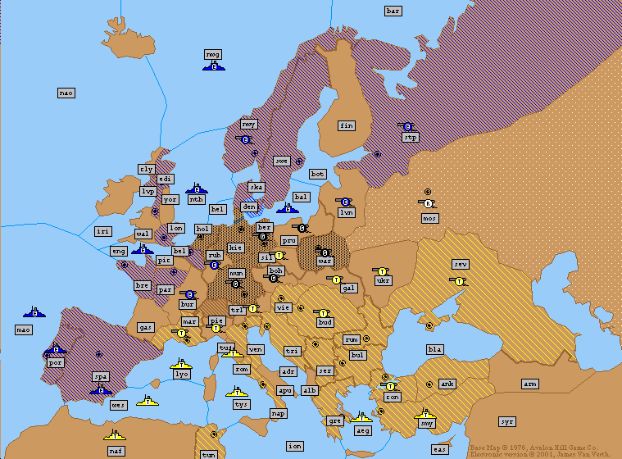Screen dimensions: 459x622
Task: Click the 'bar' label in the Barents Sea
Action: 393,11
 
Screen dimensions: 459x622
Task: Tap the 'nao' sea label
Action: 66,93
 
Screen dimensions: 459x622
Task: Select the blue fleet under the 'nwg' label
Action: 213,66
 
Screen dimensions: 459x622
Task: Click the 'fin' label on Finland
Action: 347,125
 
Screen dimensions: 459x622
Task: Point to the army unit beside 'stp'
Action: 406,127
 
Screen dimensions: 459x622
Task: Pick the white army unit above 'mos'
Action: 428,203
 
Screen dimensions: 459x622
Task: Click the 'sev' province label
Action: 461,264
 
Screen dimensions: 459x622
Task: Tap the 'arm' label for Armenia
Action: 530,384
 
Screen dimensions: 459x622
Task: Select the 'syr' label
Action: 507,421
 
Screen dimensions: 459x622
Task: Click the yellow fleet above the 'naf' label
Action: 115,434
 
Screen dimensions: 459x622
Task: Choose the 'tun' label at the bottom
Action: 209,454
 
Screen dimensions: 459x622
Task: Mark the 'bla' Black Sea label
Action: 434,349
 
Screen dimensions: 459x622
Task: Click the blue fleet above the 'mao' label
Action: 34,312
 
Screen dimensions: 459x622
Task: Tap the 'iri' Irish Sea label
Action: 102,232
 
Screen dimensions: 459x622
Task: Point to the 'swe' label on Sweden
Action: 281,161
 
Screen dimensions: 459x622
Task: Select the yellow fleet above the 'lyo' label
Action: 181,363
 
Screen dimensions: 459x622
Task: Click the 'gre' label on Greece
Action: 335,420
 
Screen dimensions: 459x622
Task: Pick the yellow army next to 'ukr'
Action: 380,270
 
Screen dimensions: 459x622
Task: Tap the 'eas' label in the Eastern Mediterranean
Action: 440,449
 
